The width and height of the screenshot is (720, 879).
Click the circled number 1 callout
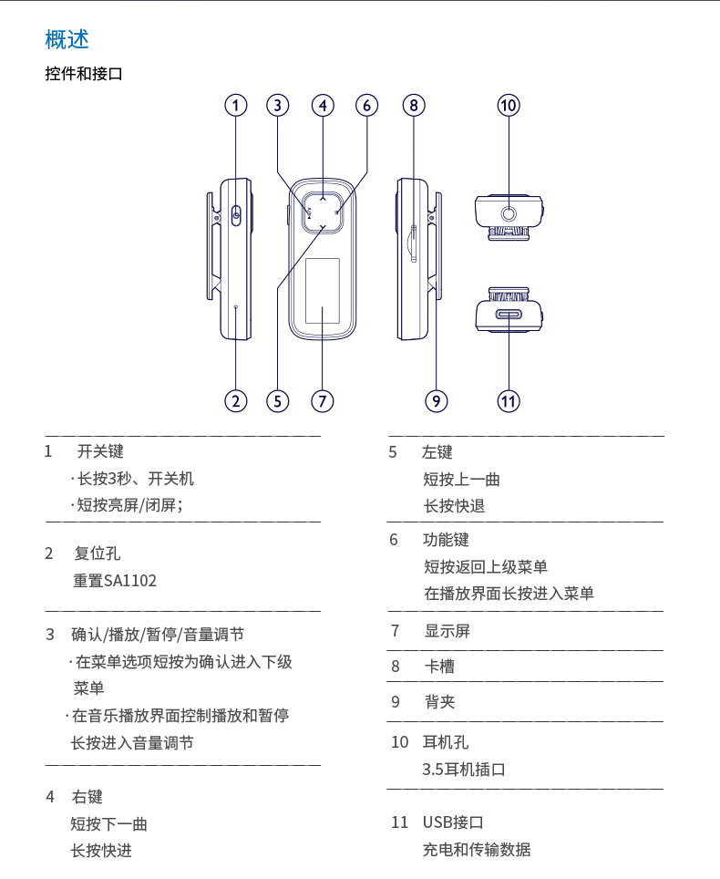pos(236,105)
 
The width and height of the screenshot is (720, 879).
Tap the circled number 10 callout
pos(509,105)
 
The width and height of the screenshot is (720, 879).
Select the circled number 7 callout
pos(323,400)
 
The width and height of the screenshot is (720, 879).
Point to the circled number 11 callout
pos(509,400)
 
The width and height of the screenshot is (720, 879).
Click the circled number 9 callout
pos(437,400)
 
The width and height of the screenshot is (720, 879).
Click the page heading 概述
pos(67,39)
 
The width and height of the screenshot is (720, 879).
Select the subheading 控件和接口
pos(84,74)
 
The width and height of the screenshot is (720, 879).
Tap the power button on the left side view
pos(236,214)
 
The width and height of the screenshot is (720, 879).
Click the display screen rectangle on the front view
pos(322,290)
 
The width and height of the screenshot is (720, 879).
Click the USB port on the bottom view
pos(509,315)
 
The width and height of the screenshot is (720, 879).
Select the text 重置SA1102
pos(115,580)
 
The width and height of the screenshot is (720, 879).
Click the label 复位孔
pos(97,553)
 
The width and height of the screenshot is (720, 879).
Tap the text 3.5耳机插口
pos(464,769)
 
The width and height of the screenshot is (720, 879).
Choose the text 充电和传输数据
pos(476,849)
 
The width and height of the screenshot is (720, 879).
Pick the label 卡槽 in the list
pos(438,667)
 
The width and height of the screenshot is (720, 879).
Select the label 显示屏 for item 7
pos(447,631)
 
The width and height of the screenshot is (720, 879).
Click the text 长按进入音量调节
pos(132,743)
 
